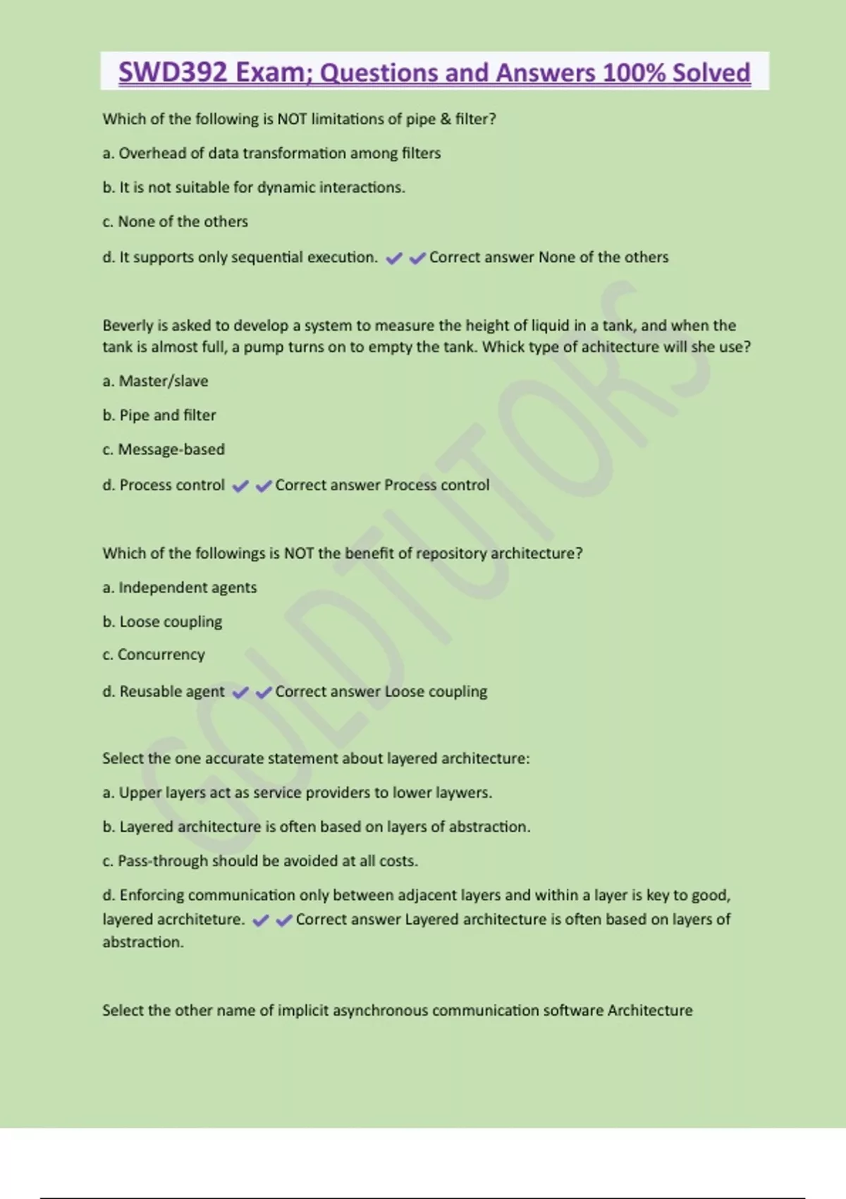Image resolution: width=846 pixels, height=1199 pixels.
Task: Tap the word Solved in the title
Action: (x=711, y=73)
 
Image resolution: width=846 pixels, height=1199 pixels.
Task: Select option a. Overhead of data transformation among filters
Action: (x=271, y=153)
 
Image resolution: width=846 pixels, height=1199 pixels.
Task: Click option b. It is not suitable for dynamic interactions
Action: (x=254, y=188)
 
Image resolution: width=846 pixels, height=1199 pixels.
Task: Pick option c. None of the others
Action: (x=175, y=221)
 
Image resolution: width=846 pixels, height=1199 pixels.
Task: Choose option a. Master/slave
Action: (x=155, y=381)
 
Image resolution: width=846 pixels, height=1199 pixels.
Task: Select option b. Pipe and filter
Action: (x=159, y=415)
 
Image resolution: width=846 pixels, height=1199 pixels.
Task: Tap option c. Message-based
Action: (x=164, y=449)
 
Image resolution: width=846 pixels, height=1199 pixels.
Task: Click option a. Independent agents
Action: (x=179, y=588)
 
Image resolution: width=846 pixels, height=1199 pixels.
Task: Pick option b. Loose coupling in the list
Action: (x=162, y=621)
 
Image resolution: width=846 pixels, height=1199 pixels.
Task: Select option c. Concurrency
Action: (x=154, y=655)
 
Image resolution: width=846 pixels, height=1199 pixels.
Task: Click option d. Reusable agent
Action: (x=164, y=691)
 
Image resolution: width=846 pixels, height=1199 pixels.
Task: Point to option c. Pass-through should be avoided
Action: (x=260, y=860)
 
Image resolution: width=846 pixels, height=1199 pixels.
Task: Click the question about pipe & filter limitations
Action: (x=299, y=119)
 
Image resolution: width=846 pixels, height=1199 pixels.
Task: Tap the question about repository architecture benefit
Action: (x=343, y=554)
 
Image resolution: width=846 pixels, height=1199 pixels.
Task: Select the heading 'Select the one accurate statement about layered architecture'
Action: (x=316, y=759)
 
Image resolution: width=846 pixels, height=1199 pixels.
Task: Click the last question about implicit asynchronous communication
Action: (x=398, y=1011)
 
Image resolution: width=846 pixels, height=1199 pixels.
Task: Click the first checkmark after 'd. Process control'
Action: (x=240, y=486)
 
